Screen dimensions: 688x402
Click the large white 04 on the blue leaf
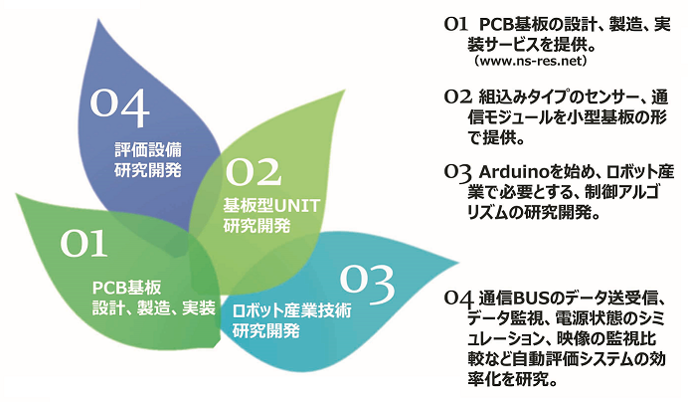point(119,107)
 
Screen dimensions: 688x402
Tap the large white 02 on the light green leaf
point(254,172)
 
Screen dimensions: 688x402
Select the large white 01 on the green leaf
point(84,243)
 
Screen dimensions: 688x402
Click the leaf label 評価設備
point(148,150)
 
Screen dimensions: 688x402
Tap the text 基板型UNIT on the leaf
point(271,206)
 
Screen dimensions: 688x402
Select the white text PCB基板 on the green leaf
point(127,288)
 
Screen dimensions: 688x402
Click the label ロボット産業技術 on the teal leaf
point(291,310)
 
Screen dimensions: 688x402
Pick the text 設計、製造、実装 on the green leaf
point(153,308)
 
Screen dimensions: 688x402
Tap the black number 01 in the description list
point(456,24)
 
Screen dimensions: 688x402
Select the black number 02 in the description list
point(457,97)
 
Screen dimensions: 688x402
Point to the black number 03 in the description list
point(457,172)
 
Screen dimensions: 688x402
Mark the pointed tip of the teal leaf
point(459,264)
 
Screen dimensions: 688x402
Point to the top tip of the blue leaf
point(98,19)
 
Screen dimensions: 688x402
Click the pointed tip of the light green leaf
point(345,91)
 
